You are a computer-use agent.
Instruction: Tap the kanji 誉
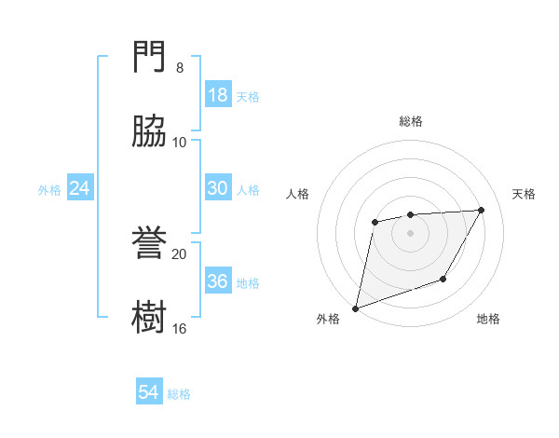tap(150, 244)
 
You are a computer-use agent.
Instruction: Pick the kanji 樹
tap(150, 317)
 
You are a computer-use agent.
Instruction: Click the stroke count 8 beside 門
tap(180, 68)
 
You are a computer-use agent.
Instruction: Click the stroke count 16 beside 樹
tap(180, 328)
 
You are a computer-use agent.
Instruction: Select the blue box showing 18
tap(218, 95)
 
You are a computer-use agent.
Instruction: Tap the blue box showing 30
tap(218, 188)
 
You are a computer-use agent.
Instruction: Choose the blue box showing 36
tap(218, 281)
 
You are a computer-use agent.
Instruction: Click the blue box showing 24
tap(80, 188)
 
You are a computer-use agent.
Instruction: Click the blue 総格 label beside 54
tap(179, 394)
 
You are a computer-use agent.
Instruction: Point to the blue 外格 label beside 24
tap(49, 190)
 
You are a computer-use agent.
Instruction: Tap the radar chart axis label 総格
tap(411, 121)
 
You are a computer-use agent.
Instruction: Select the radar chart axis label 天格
tap(525, 194)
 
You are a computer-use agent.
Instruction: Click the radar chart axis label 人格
tap(297, 194)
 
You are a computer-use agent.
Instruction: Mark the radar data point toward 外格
tap(355, 308)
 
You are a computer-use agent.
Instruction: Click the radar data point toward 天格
tap(482, 210)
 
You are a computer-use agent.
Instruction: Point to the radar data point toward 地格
tap(443, 279)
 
